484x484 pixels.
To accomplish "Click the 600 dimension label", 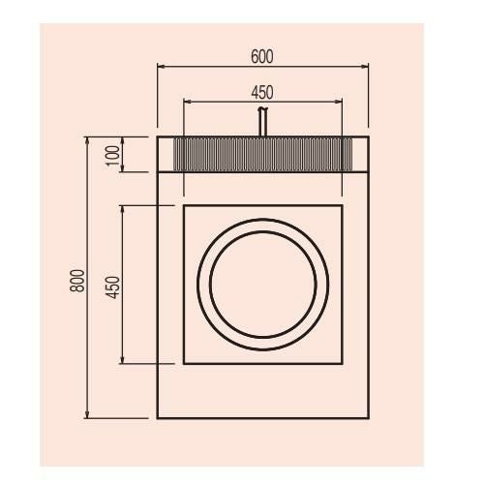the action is pos(262,57).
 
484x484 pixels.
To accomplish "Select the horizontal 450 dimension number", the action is pos(262,93).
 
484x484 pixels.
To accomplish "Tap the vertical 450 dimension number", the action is pos(113,287).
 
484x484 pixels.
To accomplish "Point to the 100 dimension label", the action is pos(113,156).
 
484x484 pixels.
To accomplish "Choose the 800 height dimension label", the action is pos(77,281).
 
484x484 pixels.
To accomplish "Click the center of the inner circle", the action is pos(263,285).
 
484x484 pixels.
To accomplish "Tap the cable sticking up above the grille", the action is pos(262,122).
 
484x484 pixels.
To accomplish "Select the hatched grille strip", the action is pos(263,154).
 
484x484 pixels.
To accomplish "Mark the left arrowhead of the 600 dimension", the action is pos(161,67).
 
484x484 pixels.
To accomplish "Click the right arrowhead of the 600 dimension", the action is pos(365,67).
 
